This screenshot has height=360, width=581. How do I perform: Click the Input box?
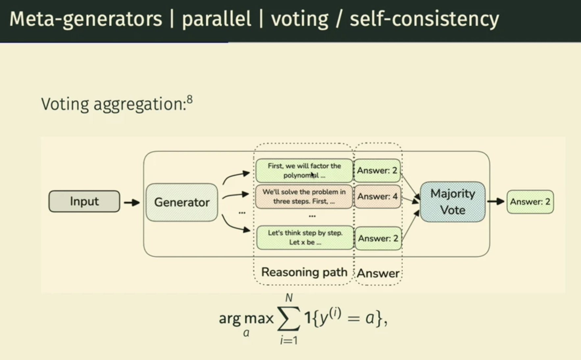coord(84,201)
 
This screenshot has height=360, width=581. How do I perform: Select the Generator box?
coord(182,202)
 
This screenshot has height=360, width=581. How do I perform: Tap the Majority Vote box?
coord(453,202)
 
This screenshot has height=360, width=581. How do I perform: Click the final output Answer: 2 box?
coord(530,202)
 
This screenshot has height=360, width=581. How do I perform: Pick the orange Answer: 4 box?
coord(377,196)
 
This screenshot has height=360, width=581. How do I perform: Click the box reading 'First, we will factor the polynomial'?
coord(304,170)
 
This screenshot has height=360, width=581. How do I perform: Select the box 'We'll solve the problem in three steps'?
coord(304,196)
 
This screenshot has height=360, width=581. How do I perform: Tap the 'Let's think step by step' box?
coord(305,238)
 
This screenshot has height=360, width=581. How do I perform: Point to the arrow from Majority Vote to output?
coord(496,201)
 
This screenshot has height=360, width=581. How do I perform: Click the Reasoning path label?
coord(304,272)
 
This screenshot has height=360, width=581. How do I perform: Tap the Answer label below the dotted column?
coord(378,273)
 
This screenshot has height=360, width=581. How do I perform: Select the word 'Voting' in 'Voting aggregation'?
coord(65,104)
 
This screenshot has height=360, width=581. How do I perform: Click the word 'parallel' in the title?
coord(216,19)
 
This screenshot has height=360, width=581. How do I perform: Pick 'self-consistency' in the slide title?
coord(424,19)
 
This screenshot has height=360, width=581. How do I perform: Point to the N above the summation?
coord(289,298)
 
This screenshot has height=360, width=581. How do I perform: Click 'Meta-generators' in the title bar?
coord(86,19)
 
